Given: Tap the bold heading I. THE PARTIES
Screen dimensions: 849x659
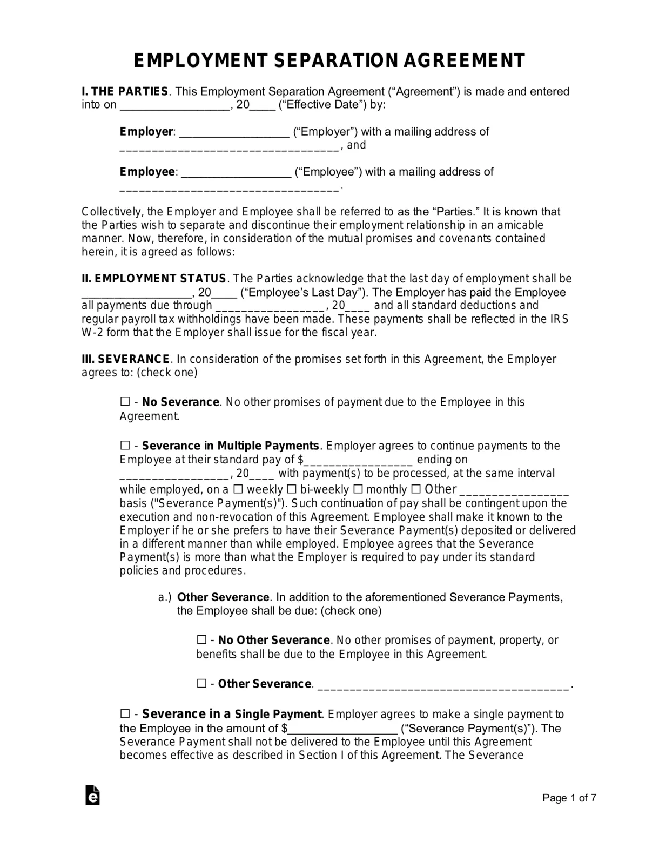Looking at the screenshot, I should coord(125,91).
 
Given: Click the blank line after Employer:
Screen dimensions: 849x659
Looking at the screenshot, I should coord(234,132).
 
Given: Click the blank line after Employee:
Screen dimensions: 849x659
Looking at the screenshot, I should coord(237,172).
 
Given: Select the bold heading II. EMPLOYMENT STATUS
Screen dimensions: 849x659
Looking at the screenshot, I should coord(154,279).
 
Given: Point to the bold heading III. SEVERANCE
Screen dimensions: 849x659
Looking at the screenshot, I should coord(126,359).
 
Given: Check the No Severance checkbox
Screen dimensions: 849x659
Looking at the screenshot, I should coord(125,402).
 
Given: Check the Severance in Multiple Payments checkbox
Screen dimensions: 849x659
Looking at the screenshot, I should coord(125,446).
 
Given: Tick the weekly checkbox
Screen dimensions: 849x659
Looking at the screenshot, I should coord(238,489).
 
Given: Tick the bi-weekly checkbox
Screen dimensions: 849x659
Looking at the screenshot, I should coord(292,489).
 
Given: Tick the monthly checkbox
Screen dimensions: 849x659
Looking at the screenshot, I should coord(358,489).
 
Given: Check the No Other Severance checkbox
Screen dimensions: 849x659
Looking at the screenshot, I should coord(201,640).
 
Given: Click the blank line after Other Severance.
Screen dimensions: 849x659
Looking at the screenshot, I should coord(443,685).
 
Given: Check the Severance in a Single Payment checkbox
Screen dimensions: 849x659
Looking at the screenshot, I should coord(125,714).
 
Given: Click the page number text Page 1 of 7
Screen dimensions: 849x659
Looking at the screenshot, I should coord(569,798).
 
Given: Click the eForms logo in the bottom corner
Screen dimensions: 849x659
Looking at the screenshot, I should coord(92,795).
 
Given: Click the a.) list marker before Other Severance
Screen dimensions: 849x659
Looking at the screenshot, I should coord(165,597).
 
